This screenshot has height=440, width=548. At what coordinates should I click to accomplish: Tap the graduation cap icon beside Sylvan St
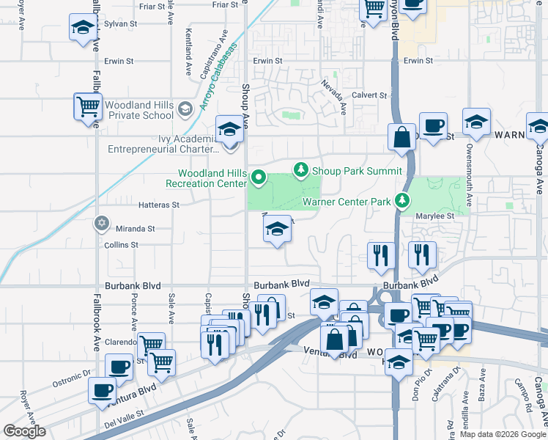coord(82,29)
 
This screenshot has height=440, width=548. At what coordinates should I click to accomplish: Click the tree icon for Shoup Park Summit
coord(300,170)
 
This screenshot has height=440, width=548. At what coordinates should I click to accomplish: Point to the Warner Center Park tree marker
coord(401,199)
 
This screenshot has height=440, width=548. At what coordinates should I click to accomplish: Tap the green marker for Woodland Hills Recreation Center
coord(258,177)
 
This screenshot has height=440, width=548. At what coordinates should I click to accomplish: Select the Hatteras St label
coord(160,205)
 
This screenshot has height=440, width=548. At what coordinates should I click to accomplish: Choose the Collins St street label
coord(121,245)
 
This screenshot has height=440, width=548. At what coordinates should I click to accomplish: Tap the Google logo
coord(23,431)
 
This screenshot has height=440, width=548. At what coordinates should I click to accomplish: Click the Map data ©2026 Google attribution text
coord(503,434)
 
